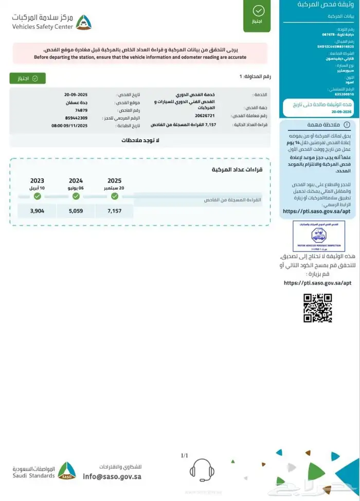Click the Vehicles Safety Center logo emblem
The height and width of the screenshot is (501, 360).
[83, 22]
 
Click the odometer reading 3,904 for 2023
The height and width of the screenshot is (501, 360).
[37, 211]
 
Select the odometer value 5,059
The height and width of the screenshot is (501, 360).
[76, 211]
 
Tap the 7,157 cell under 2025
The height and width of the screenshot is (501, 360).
[115, 211]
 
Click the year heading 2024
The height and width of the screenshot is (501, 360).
[76, 181]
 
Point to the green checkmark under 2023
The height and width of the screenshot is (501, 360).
[37, 196]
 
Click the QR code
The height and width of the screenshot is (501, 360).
[317, 308]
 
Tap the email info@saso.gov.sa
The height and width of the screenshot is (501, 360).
[112, 476]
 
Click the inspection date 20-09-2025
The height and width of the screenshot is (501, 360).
[76, 95]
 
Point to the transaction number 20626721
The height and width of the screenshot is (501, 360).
[205, 116]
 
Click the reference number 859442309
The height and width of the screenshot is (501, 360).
[76, 118]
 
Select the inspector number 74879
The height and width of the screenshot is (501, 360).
[81, 110]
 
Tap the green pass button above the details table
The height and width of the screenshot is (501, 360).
[27, 78]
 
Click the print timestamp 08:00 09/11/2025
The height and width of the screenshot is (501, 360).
[69, 126]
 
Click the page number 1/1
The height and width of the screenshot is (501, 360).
[185, 455]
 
